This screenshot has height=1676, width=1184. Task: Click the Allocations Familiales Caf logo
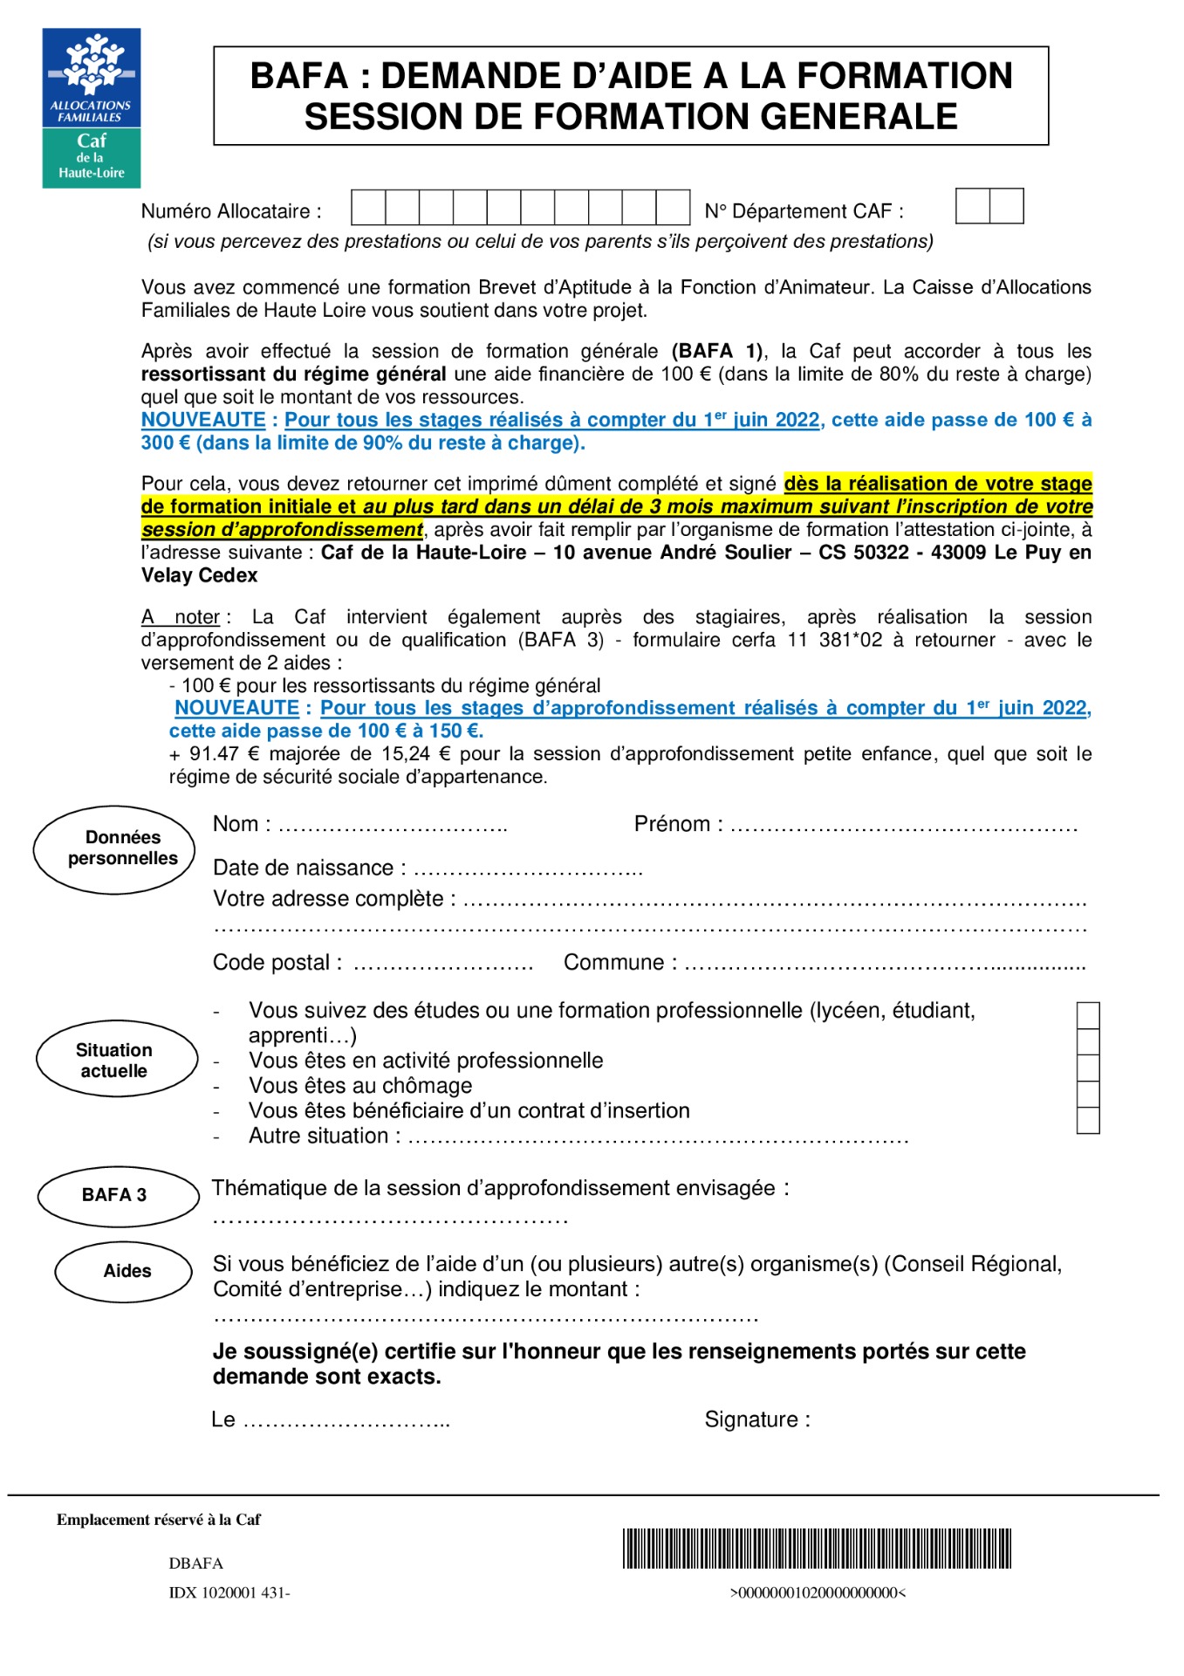92,108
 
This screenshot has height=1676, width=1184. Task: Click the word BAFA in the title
298,76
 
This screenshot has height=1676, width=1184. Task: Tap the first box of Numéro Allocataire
368,208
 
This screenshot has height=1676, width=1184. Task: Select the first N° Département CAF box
973,207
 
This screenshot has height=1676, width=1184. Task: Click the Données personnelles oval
114,849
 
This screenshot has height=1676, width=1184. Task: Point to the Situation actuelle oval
116,1060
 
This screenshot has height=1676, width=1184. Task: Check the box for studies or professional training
1088,1015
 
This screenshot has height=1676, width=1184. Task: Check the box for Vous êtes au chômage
1088,1094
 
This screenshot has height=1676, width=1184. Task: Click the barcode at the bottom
817,1549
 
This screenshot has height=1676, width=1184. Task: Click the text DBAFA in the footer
196,1563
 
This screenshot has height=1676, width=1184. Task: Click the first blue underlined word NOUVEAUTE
203,420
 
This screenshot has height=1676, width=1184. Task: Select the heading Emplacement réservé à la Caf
159,1520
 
